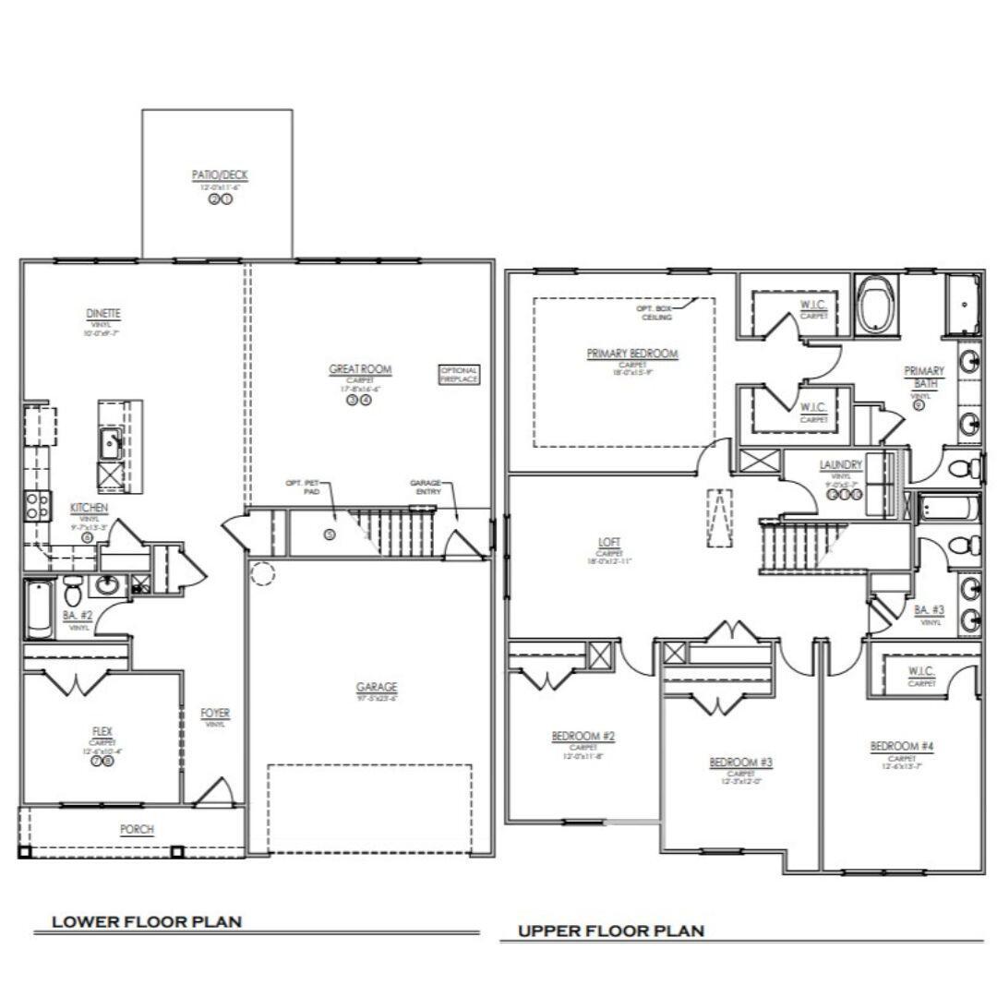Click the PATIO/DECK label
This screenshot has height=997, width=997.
click(x=219, y=174)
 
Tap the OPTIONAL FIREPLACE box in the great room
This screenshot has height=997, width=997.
click(x=459, y=374)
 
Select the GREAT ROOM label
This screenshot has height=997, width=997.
click(x=360, y=369)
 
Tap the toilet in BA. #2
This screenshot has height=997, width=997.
click(x=74, y=588)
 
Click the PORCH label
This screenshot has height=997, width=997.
click(x=137, y=829)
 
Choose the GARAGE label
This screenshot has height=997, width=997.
click(x=377, y=687)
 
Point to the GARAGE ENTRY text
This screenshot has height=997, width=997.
click(x=426, y=486)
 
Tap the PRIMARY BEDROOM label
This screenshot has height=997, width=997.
click(x=632, y=354)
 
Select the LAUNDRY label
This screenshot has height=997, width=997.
click(x=840, y=464)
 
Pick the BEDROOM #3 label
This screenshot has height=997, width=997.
click(x=740, y=762)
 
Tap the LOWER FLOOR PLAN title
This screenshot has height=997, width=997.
click(x=147, y=921)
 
